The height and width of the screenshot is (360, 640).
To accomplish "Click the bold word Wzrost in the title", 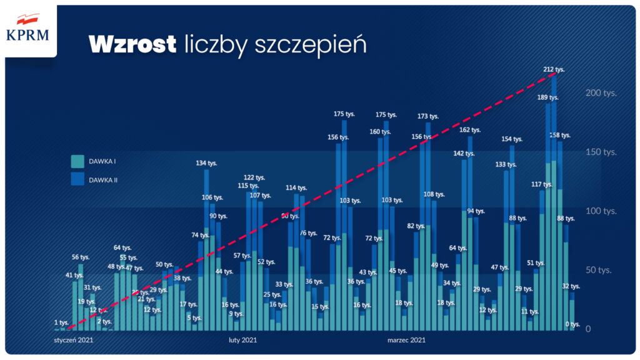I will click(132, 44).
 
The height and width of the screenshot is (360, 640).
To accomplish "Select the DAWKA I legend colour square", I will click(77, 161).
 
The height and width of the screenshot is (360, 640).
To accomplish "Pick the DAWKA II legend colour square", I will click(77, 179).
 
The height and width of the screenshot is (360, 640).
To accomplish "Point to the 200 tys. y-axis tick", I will click(601, 93).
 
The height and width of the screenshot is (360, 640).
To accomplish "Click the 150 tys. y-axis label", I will click(601, 152).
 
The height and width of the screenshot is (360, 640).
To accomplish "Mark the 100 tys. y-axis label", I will click(601, 211).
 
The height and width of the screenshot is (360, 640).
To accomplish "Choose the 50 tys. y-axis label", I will click(598, 270).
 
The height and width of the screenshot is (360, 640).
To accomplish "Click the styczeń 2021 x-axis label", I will click(74, 341).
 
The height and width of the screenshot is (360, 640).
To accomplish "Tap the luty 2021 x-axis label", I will click(242, 341).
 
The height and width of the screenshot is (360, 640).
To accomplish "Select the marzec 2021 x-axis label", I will click(406, 341).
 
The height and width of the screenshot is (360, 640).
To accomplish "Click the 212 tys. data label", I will click(554, 69).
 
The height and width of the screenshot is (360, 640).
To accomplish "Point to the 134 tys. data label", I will click(206, 163).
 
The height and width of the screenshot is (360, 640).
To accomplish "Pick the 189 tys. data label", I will click(548, 97).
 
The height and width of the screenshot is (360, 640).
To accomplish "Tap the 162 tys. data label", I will click(470, 130).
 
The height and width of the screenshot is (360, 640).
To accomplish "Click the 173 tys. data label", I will click(428, 116).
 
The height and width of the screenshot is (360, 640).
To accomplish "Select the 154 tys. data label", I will click(512, 139).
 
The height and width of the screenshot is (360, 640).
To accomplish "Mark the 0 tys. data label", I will click(572, 324).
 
